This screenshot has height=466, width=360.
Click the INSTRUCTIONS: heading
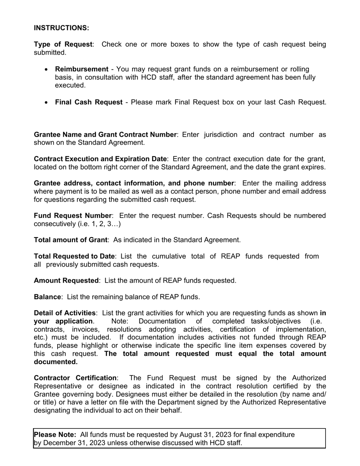pyautogui.click(x=61, y=28)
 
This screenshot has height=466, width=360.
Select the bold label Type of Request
pyautogui.click(x=63, y=44)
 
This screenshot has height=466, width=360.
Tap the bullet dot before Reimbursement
pyautogui.click(x=46, y=69)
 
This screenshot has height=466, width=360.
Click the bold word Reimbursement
pyautogui.click(x=81, y=69)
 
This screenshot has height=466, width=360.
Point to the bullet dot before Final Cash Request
pyautogui.click(x=46, y=102)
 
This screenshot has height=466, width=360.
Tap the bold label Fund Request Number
pyautogui.click(x=73, y=216)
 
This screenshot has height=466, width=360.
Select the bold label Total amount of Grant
pyautogui.click(x=70, y=240)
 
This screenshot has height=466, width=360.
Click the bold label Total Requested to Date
pyautogui.click(x=74, y=256)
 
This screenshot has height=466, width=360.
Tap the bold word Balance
pyautogui.click(x=47, y=297)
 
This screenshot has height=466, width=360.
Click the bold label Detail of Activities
pyautogui.click(x=64, y=313)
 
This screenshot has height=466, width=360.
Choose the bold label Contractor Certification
pyautogui.click(x=75, y=378)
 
